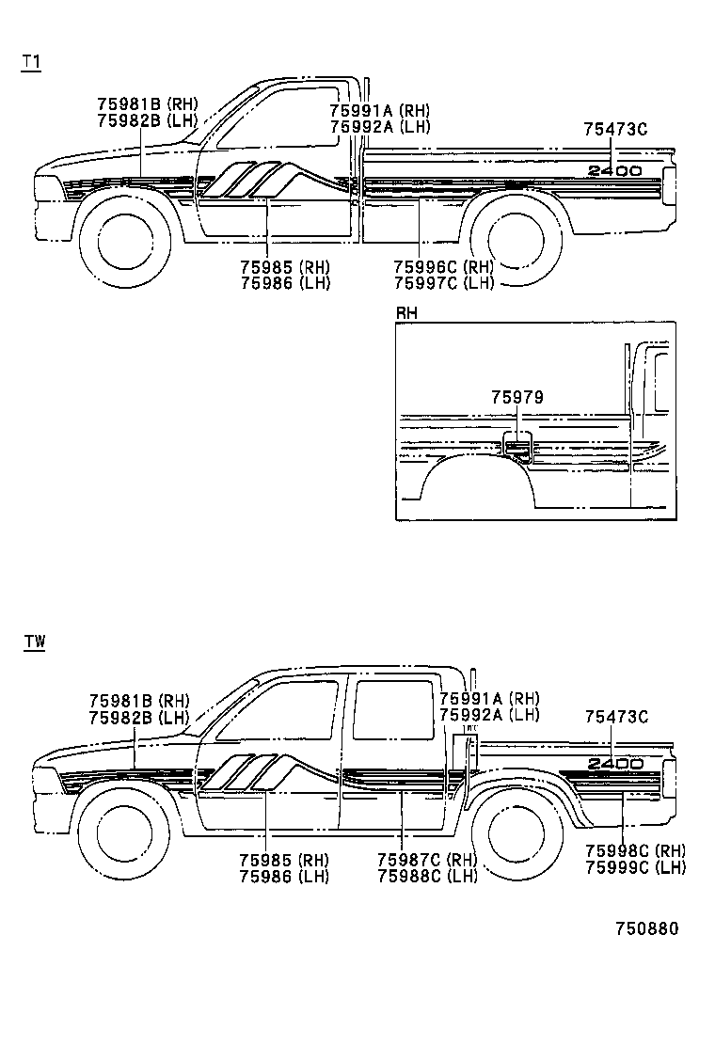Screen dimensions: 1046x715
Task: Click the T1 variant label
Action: (x=31, y=62)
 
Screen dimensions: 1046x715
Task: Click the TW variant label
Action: (x=34, y=642)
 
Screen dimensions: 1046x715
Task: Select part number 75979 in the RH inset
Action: (x=516, y=398)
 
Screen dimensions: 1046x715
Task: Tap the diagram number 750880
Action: (x=646, y=928)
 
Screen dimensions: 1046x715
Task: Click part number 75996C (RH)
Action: (x=443, y=267)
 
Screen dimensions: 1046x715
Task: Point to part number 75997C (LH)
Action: (x=443, y=283)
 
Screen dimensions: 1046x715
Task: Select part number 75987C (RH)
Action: (x=426, y=860)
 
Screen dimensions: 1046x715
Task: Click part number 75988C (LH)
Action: (x=426, y=876)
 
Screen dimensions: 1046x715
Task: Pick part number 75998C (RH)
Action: (x=635, y=850)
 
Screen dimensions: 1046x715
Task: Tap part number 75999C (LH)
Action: (x=635, y=866)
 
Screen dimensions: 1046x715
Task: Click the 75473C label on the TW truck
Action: (x=616, y=717)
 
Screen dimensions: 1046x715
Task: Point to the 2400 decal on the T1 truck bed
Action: (x=615, y=171)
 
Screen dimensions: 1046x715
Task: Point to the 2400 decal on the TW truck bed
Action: (x=617, y=763)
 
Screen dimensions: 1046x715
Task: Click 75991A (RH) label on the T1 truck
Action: (x=379, y=110)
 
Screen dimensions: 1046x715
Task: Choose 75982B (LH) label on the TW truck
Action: (x=138, y=717)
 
